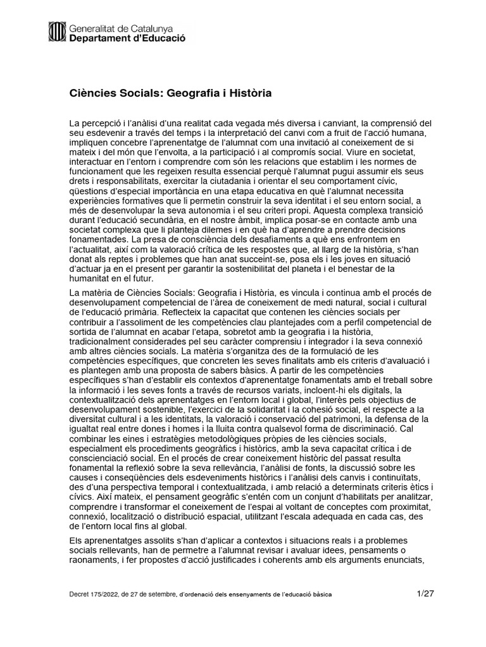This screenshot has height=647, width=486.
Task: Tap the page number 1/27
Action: click(x=426, y=594)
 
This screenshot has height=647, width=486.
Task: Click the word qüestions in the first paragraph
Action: click(x=89, y=193)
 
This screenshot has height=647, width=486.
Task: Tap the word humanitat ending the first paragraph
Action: click(x=89, y=279)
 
